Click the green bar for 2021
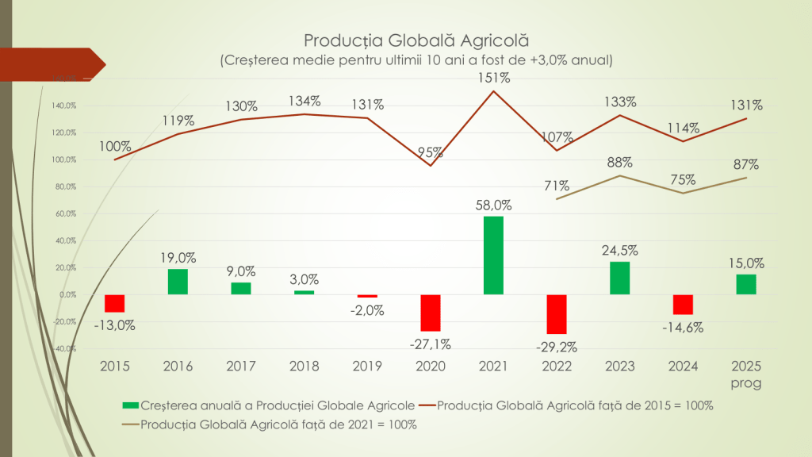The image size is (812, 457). (493, 255)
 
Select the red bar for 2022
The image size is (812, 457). (557, 314)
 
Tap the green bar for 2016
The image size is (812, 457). (178, 282)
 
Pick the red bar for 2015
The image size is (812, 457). (115, 303)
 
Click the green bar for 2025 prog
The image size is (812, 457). (746, 284)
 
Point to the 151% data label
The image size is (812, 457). (493, 78)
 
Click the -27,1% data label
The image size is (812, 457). (431, 344)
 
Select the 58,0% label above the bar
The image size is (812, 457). (493, 205)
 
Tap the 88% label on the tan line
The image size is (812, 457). (620, 163)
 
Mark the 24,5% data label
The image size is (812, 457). (620, 250)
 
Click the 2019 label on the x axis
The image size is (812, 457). (367, 367)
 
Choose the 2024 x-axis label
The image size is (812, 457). (683, 367)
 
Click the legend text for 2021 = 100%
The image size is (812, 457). (278, 424)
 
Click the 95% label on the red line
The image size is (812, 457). (431, 152)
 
